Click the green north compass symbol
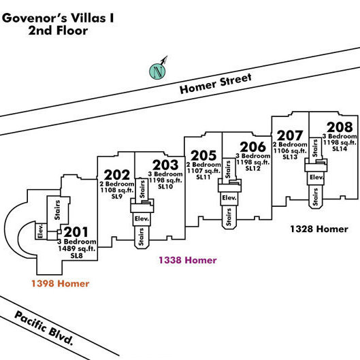coord(157,71)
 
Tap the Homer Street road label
coord(216,84)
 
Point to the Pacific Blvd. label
coord(44,328)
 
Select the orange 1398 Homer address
coord(60,284)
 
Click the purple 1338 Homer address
coord(188,260)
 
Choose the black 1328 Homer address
coord(319,229)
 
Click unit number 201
coord(76,232)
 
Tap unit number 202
coord(117,175)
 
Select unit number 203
coord(165,165)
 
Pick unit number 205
coord(203,155)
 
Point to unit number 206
coord(252,147)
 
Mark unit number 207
coord(290,135)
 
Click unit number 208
coord(340,127)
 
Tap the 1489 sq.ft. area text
coord(77,248)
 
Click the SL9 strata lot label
coord(117,196)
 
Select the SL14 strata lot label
coord(340,148)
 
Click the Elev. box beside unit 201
coord(41,231)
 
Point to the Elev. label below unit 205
coord(229,197)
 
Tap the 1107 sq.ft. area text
coord(203,171)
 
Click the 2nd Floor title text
coord(58,31)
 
